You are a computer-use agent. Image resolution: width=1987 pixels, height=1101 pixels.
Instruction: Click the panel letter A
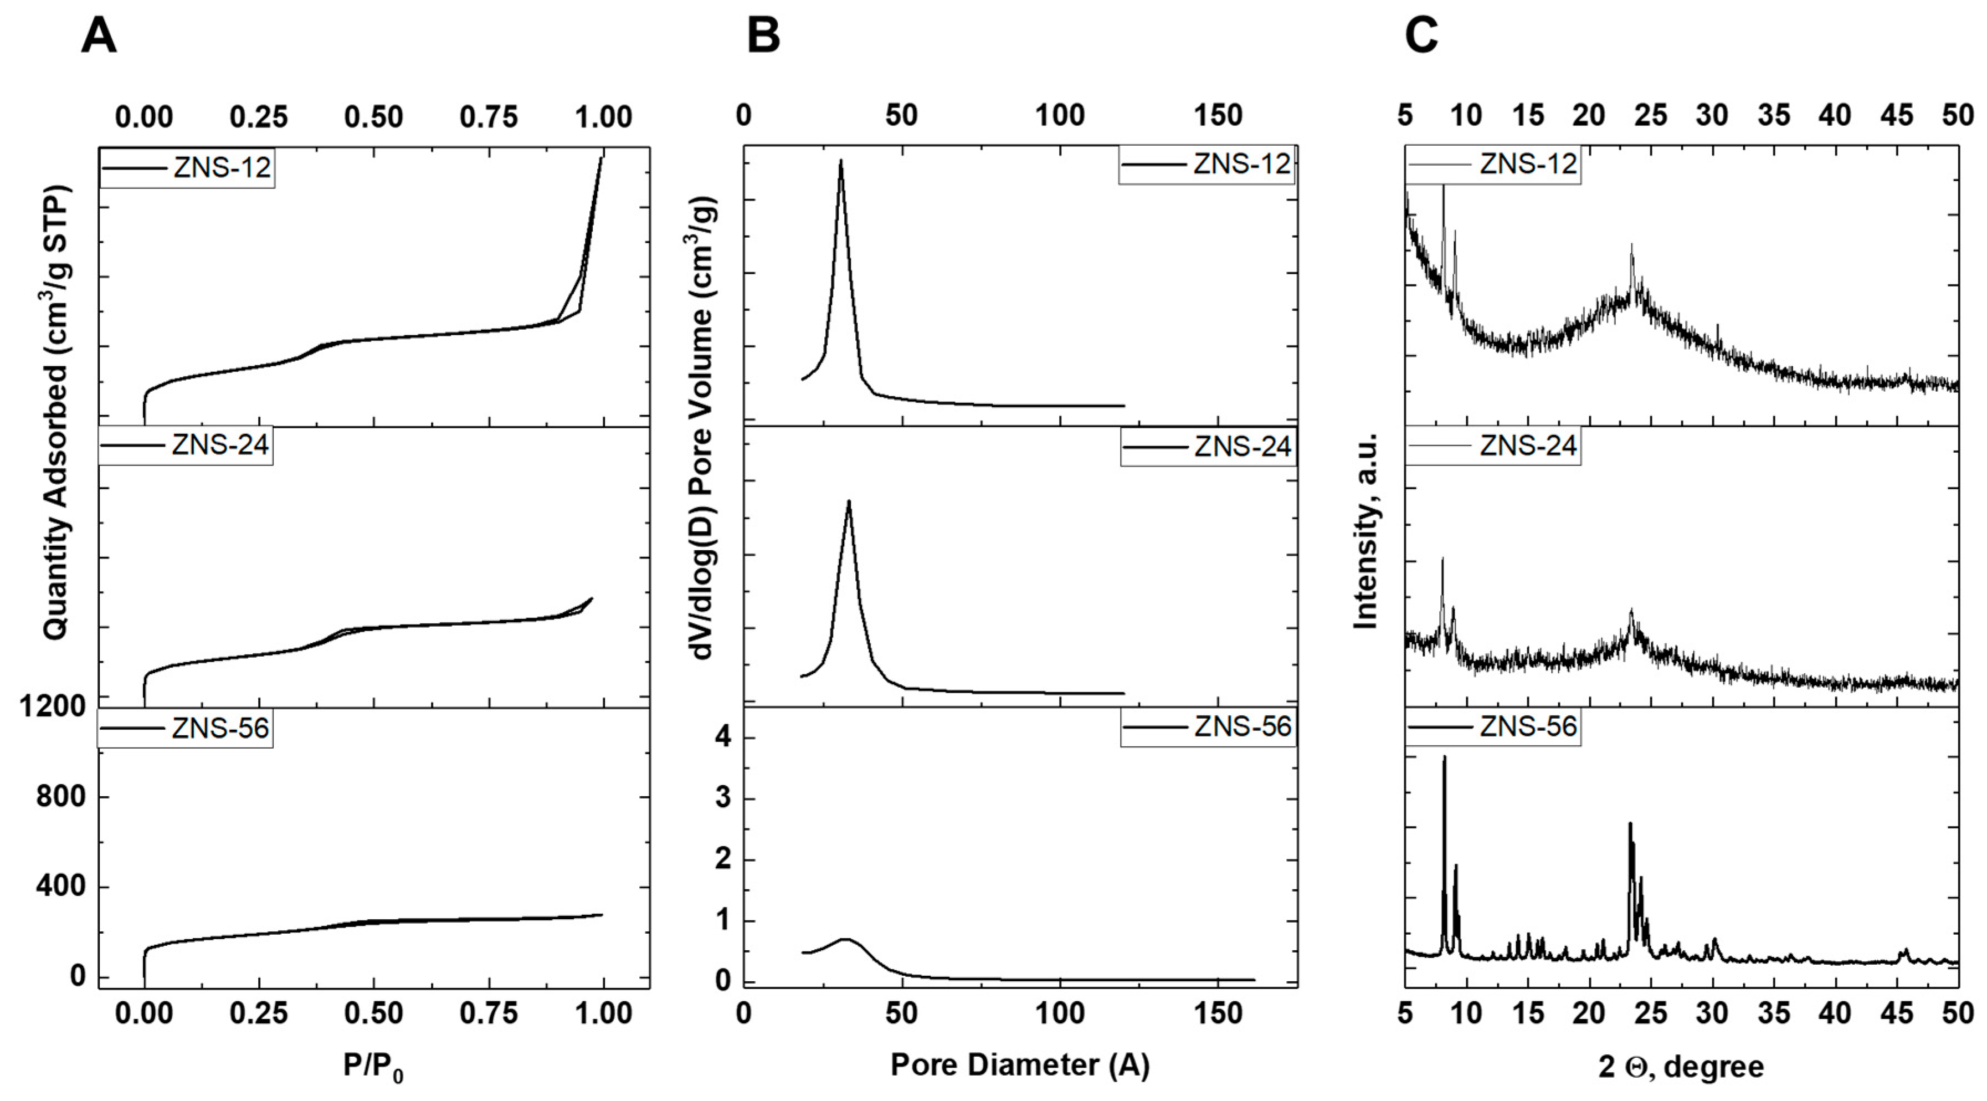[99, 35]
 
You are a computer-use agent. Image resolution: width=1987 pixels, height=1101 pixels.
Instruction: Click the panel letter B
[764, 35]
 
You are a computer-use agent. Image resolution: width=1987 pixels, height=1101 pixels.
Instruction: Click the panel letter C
[1421, 35]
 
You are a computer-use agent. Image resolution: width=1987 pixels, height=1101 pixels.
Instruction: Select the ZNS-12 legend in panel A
[187, 167]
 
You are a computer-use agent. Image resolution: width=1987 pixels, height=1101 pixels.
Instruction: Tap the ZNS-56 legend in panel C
[1492, 727]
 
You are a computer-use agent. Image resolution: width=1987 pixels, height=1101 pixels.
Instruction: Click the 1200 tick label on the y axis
[53, 706]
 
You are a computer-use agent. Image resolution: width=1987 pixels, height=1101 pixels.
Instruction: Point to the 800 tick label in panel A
[61, 796]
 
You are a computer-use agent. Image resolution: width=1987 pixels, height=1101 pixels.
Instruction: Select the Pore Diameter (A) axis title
[1020, 1065]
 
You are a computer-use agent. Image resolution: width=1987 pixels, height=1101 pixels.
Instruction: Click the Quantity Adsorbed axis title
[55, 413]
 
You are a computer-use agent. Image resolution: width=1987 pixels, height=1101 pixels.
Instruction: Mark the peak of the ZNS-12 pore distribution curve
[841, 161]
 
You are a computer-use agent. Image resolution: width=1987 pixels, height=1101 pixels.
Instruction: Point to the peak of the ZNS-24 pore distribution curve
[849, 501]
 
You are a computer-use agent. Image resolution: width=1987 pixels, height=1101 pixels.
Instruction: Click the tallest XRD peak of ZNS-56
[1444, 757]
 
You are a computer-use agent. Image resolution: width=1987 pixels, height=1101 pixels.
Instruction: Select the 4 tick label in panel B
[723, 738]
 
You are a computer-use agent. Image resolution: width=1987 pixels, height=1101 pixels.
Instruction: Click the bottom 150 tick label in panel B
[1218, 1013]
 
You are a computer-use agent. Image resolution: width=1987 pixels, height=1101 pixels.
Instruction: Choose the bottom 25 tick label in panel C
[1651, 1013]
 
